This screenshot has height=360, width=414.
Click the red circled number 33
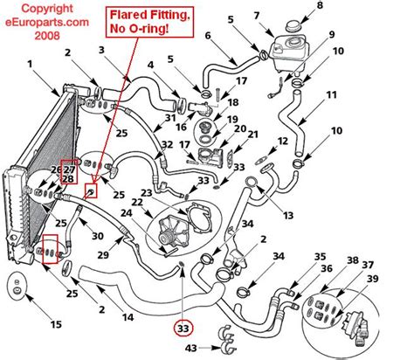click(x=183, y=329)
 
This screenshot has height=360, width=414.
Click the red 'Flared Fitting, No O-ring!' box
click(x=149, y=22)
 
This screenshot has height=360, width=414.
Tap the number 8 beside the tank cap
click(x=320, y=5)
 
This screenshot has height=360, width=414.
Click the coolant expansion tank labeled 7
click(x=288, y=55)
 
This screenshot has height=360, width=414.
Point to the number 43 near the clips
click(x=191, y=348)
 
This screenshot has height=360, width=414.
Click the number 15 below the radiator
click(x=56, y=324)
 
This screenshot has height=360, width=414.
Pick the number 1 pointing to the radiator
click(x=30, y=64)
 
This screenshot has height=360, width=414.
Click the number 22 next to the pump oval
click(x=137, y=202)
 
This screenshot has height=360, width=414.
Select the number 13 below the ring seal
click(x=288, y=216)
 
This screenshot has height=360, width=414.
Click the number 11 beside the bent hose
click(x=331, y=95)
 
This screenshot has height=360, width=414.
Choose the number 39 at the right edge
click(x=372, y=279)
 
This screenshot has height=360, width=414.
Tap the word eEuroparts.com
click(x=47, y=22)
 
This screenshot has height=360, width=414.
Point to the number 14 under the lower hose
click(x=128, y=316)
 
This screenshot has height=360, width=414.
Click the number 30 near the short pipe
click(x=98, y=235)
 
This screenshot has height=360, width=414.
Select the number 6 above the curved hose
click(x=207, y=36)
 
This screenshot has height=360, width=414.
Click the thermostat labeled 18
click(x=205, y=128)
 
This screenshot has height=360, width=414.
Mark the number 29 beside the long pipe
click(x=103, y=255)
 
